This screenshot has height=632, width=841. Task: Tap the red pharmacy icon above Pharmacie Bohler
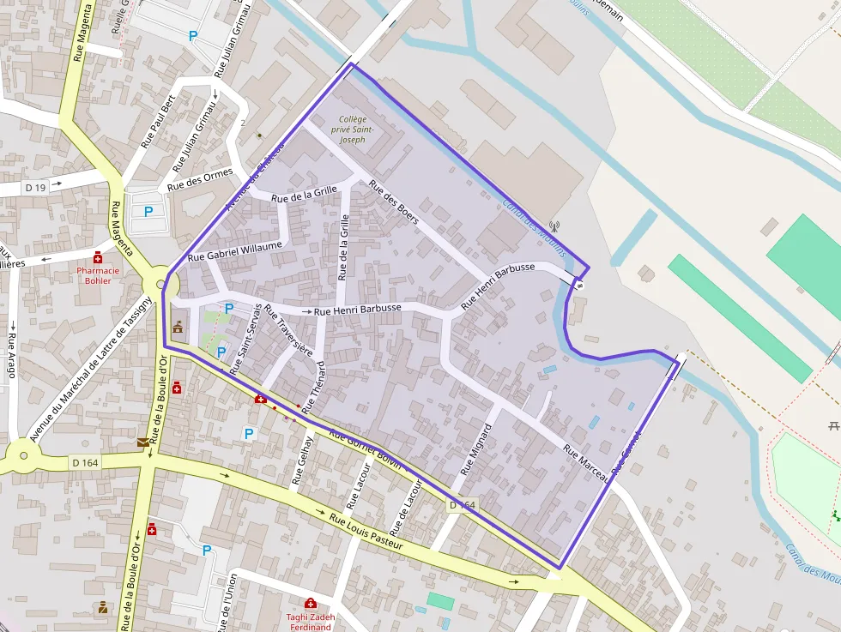coord(99,257)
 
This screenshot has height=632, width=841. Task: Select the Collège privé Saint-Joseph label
coord(353,129)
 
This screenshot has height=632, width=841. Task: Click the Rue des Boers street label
coord(393,202)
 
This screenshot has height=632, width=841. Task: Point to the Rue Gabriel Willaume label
coord(234,250)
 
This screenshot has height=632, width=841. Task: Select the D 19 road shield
coord(35,186)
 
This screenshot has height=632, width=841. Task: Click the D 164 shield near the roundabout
coord(85,463)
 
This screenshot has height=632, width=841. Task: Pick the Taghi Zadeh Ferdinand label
coord(310,621)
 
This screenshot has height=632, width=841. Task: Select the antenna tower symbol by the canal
coord(554,227)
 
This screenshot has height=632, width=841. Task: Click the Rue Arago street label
coord(13,351)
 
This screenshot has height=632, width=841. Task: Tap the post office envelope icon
coord(142,442)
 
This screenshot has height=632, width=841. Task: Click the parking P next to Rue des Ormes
coord(148,211)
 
